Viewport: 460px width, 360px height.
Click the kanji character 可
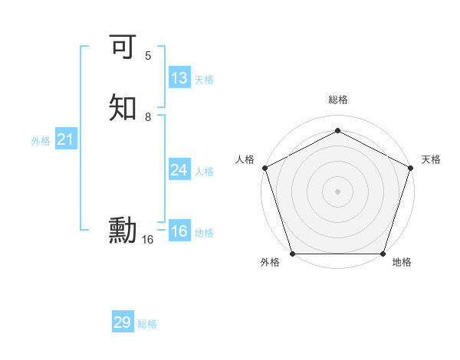(123, 47)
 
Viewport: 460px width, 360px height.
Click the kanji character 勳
(123, 230)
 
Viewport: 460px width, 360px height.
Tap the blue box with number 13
(179, 78)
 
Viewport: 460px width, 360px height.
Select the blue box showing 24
(179, 170)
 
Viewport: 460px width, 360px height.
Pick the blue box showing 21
(66, 139)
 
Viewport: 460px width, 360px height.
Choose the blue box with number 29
(123, 322)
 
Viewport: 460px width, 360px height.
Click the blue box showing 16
(179, 231)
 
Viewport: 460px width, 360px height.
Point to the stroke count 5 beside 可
(148, 56)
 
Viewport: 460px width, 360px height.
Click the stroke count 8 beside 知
(148, 117)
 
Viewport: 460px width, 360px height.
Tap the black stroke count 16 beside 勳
(148, 240)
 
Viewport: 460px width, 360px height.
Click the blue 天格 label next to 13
(204, 80)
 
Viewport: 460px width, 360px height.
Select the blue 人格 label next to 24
(204, 172)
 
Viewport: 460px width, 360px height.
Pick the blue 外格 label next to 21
(41, 141)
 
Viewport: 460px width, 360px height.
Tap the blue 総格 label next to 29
(147, 324)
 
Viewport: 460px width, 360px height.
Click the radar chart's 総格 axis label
(337, 100)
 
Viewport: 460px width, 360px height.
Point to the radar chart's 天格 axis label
(431, 159)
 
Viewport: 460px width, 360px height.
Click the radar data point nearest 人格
(264, 167)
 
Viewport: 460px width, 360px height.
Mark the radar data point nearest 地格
(383, 254)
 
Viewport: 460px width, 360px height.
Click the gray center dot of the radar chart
(337, 191)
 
